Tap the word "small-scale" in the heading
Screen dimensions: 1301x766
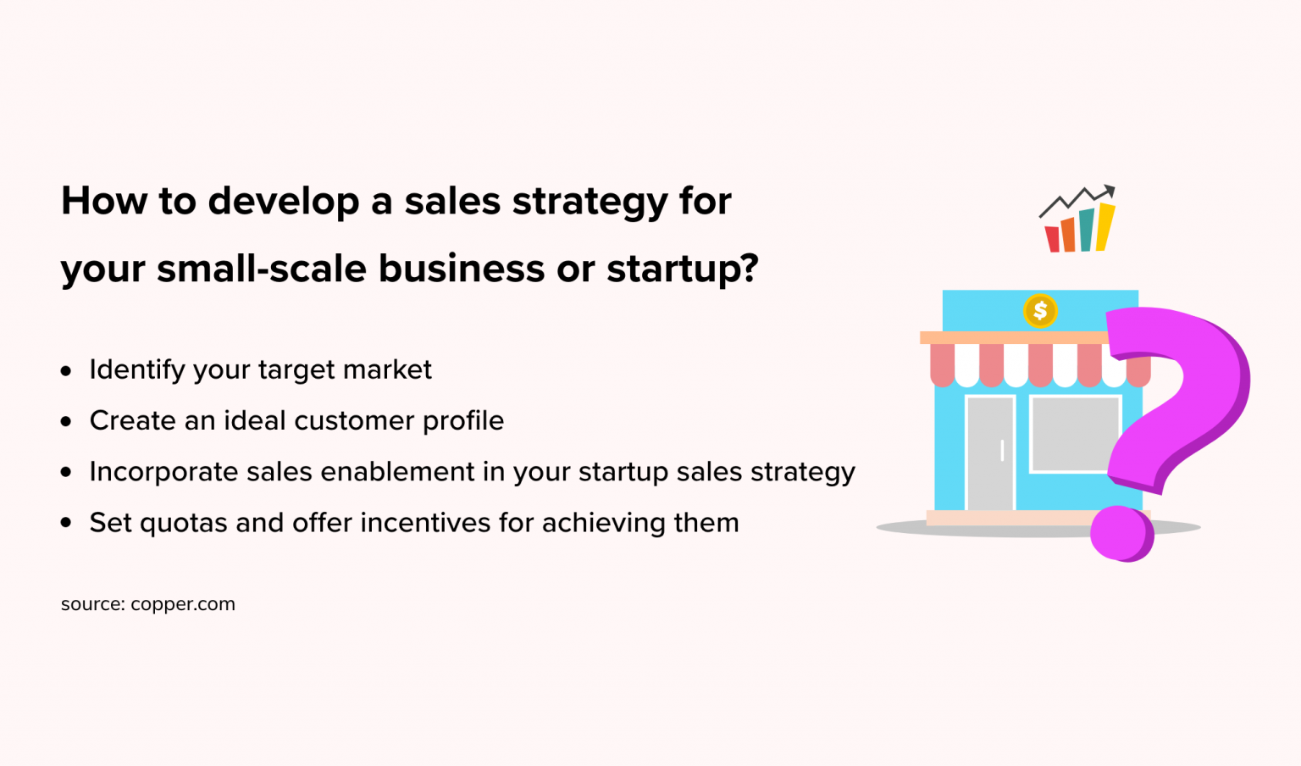[x=262, y=269]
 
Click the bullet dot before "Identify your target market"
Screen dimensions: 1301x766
[x=65, y=371]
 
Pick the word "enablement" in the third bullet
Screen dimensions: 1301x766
[x=397, y=471]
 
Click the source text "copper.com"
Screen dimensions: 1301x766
[x=183, y=605]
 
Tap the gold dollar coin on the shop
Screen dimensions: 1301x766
[x=1040, y=311]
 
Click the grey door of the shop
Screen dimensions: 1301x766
[x=990, y=453]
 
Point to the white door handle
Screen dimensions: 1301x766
[x=1003, y=451]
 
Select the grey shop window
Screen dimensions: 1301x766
[x=1075, y=434]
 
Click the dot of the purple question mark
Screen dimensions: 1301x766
[x=1121, y=534]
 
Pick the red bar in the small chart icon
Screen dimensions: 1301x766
[x=1053, y=240]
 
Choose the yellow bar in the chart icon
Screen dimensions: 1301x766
[x=1104, y=227]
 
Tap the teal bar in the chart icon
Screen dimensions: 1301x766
[x=1087, y=230]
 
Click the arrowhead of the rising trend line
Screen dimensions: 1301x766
[x=1109, y=191]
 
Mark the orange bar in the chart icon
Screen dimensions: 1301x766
[x=1069, y=235]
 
